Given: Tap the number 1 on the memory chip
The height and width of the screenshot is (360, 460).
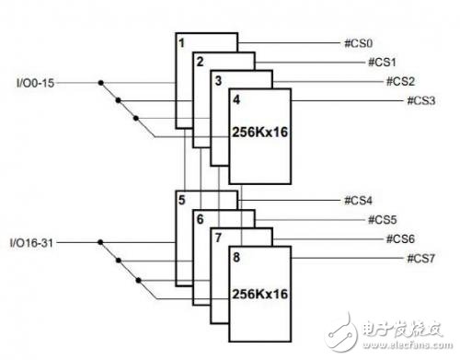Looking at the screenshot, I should click(x=183, y=42).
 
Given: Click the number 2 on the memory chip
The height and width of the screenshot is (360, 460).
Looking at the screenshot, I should click(x=200, y=62).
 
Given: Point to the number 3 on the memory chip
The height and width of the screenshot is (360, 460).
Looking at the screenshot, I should click(x=218, y=80).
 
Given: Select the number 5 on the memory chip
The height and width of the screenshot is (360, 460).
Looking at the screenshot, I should click(x=183, y=200).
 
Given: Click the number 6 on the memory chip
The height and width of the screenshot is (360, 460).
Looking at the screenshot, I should click(x=199, y=219).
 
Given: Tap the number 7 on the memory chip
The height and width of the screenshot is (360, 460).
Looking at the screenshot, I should click(x=217, y=238).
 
